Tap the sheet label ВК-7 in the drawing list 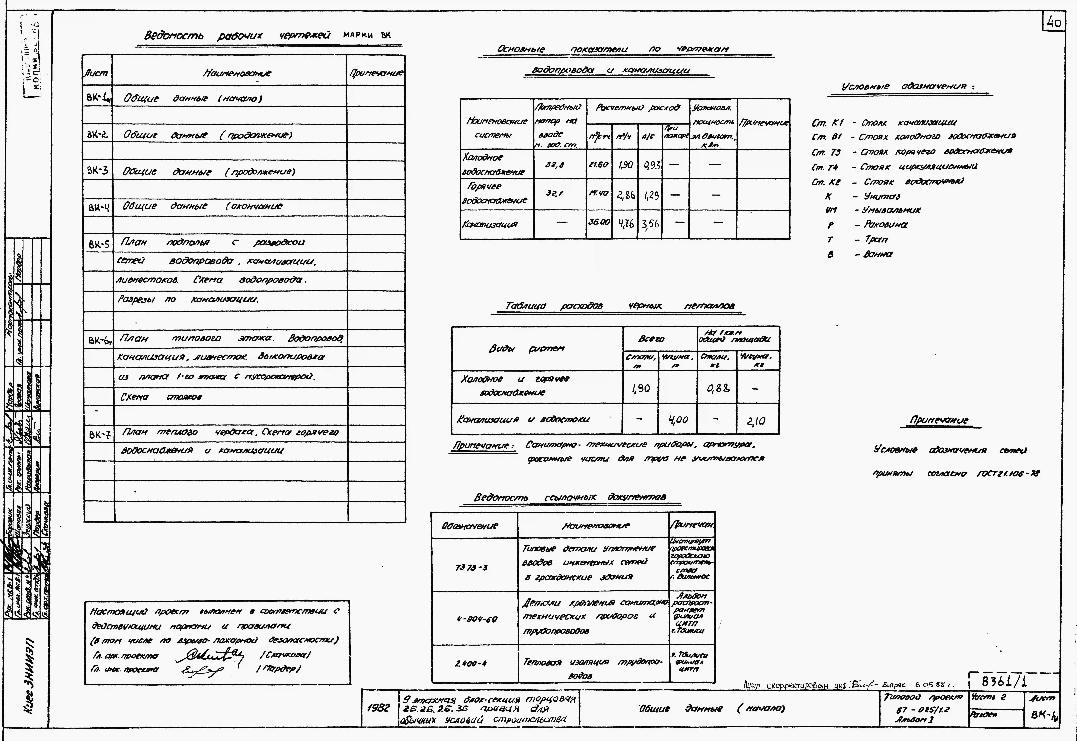99,435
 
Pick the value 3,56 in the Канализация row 650,224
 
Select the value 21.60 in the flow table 598,164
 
